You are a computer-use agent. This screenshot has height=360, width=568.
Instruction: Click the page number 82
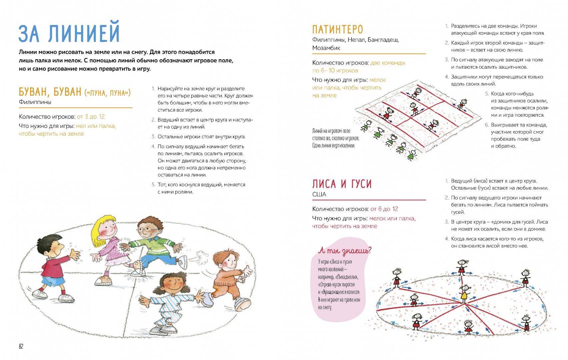pyautogui.click(x=21, y=346)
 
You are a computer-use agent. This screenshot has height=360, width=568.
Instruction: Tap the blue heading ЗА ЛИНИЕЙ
pyautogui.click(x=69, y=32)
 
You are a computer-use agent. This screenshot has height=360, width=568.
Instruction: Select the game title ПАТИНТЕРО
pyautogui.click(x=338, y=29)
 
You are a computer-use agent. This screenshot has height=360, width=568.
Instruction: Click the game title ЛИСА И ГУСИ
pyautogui.click(x=342, y=184)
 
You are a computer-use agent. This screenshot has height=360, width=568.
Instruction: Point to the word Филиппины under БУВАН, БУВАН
pyautogui.click(x=35, y=102)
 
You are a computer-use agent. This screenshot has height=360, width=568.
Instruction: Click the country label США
pyautogui.click(x=319, y=194)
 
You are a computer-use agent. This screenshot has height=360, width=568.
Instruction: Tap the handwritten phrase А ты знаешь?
pyautogui.click(x=345, y=250)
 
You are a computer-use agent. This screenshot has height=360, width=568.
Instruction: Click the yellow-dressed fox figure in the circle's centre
pyautogui.click(x=464, y=294)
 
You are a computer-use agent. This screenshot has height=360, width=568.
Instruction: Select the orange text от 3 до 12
pyautogui.click(x=91, y=117)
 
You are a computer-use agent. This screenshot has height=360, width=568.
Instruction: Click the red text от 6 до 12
pyautogui.click(x=384, y=209)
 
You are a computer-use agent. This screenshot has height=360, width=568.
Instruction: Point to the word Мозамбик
pyautogui.click(x=326, y=48)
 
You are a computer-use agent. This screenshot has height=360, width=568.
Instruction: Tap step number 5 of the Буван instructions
pyautogui.click(x=153, y=185)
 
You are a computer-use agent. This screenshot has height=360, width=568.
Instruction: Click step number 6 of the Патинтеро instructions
pyautogui.click(x=487, y=125)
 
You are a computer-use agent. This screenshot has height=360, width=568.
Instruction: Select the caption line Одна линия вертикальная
pyautogui.click(x=334, y=146)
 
